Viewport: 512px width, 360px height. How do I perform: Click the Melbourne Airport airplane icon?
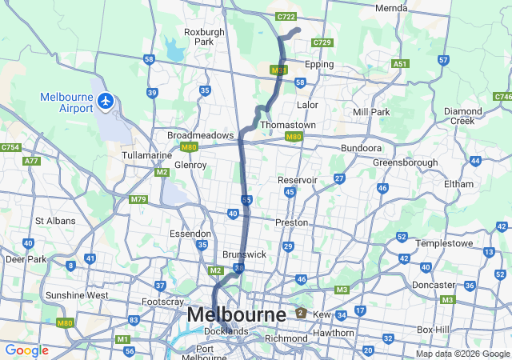106,101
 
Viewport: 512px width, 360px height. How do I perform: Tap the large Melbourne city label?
236,315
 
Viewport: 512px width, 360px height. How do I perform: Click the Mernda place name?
391,8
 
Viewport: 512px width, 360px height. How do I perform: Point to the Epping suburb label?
319,64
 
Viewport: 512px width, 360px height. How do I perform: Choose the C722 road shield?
286,17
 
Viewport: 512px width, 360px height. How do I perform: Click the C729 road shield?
322,42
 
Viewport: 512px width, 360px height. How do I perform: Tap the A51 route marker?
401,63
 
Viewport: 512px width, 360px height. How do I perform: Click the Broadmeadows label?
200,135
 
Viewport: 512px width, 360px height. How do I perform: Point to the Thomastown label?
288,126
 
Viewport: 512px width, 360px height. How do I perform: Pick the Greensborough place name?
405,162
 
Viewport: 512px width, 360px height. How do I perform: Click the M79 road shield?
138,198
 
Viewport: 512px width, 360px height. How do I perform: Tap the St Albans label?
54,220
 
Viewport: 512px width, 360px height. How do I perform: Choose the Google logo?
26,350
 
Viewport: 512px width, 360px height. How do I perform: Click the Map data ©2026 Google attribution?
462,354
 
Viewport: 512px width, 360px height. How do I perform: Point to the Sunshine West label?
77,295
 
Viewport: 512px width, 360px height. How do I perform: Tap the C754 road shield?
10,148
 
